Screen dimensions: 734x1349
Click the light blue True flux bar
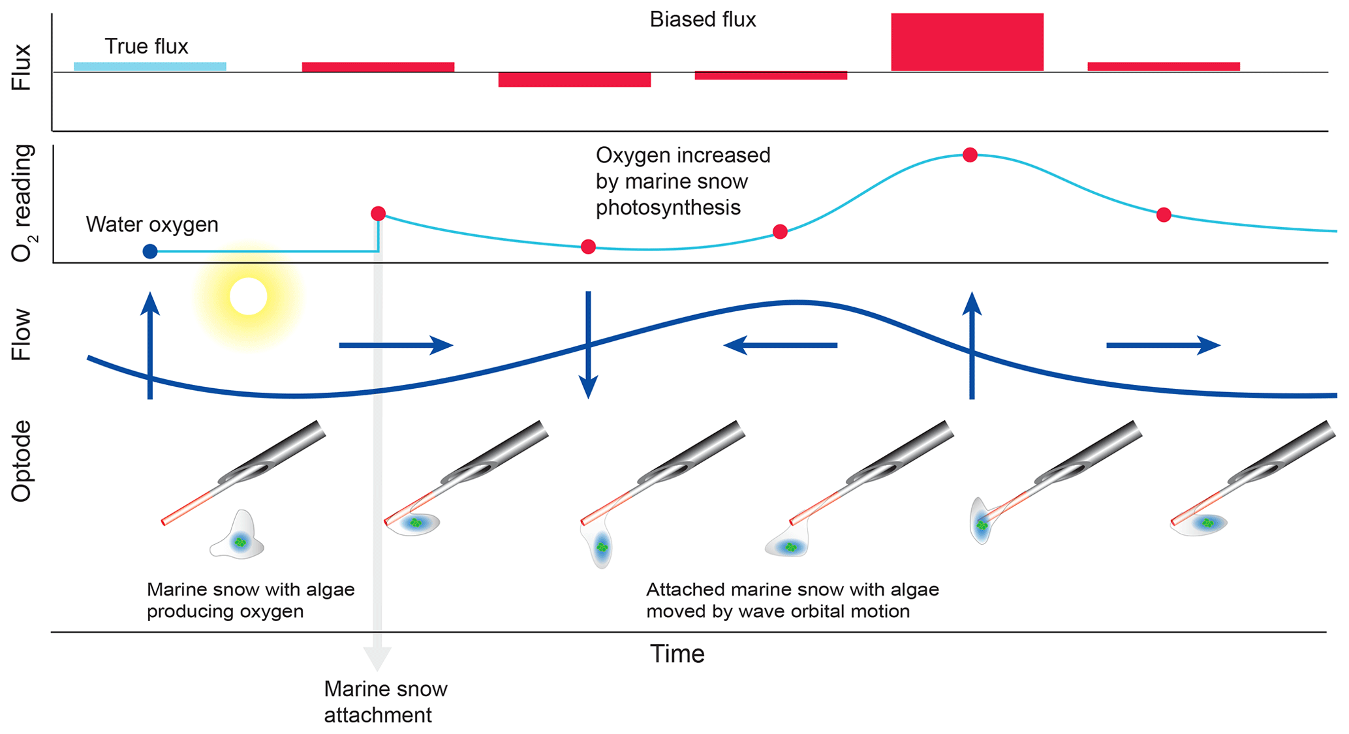[x=149, y=67]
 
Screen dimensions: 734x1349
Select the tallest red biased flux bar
[x=967, y=42]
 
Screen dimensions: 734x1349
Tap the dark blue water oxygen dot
[x=150, y=251]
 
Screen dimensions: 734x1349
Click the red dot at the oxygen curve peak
[x=970, y=155]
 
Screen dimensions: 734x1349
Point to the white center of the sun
[x=248, y=296]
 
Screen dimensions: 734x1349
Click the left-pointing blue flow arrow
[x=780, y=345]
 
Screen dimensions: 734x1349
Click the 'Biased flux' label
[x=702, y=20]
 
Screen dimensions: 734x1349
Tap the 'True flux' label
[x=146, y=47]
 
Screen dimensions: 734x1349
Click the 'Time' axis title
[x=677, y=654]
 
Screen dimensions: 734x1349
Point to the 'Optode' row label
[x=22, y=461]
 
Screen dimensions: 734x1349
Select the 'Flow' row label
[x=22, y=335]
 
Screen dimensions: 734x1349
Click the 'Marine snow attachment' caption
[x=385, y=702]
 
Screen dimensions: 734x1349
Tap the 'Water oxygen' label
[x=152, y=224]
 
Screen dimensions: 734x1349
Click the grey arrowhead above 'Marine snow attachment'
[x=377, y=658]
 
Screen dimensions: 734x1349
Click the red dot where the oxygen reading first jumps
[x=378, y=213]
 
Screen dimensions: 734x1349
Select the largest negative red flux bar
[x=574, y=80]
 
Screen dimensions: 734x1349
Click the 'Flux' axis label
[x=22, y=67]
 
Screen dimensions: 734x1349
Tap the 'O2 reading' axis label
[x=22, y=203]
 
